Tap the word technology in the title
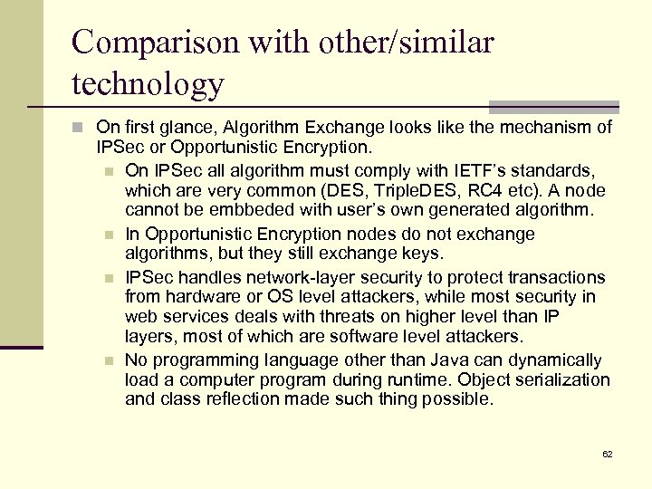pos(148,83)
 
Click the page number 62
pos(607,454)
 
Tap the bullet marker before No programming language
pos(109,360)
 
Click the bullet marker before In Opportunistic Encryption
pos(109,235)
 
